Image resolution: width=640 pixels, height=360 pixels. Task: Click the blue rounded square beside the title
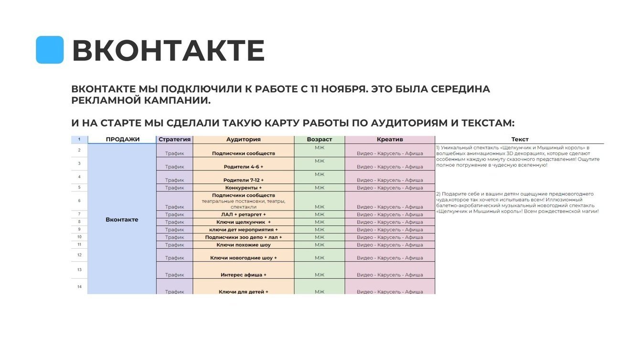click(50, 50)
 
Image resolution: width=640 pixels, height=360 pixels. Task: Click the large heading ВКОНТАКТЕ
click(168, 51)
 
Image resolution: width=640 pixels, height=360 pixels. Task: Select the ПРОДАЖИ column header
click(122, 139)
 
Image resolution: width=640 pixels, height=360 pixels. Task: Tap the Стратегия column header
click(174, 139)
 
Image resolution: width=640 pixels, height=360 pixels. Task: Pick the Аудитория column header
click(243, 139)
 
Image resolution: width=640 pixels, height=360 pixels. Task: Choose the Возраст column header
click(319, 139)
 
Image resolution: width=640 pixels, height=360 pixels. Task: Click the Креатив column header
click(390, 139)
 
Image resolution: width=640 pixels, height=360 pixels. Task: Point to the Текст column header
click(520, 139)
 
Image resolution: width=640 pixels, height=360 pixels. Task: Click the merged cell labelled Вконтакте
click(122, 220)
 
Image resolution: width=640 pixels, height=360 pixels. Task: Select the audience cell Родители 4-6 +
click(243, 167)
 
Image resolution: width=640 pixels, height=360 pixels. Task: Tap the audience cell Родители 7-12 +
click(243, 180)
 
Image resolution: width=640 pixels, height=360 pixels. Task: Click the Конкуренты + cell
click(243, 188)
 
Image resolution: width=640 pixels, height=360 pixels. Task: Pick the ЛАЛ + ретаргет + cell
click(243, 214)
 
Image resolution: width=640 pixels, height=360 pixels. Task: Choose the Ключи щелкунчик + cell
click(243, 222)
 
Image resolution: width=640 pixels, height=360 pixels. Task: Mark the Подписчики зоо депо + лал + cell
click(243, 237)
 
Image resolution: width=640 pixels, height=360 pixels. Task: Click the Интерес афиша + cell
click(243, 275)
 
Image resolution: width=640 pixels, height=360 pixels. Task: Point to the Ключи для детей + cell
click(243, 291)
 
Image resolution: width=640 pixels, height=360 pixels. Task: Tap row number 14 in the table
click(79, 286)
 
